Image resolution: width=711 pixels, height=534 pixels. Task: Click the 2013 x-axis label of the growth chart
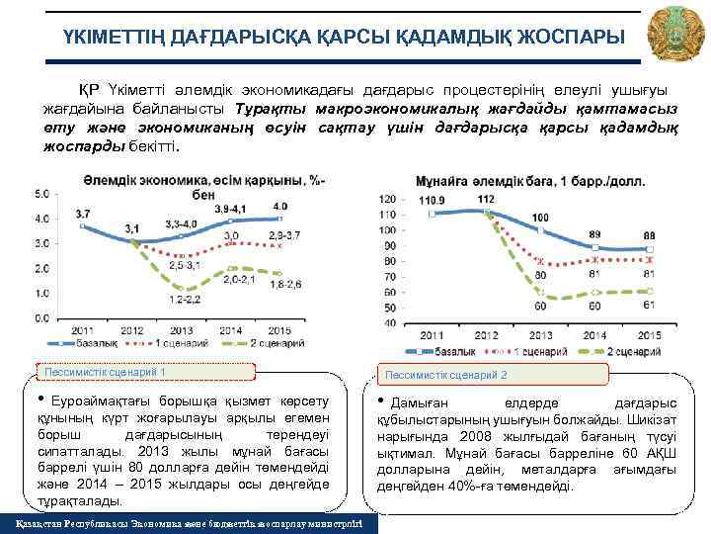pyautogui.click(x=182, y=329)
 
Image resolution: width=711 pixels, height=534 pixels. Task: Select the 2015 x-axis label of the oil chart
pyautogui.click(x=647, y=336)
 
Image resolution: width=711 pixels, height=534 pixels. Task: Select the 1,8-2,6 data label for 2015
pyautogui.click(x=287, y=284)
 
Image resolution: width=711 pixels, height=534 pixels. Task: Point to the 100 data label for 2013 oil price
pyautogui.click(x=540, y=217)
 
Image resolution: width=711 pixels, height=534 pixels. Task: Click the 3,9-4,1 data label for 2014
pyautogui.click(x=233, y=210)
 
